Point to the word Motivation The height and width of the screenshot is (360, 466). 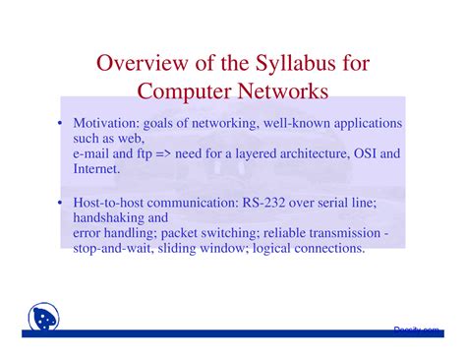(x=106, y=124)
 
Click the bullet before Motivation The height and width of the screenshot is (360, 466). (x=59, y=124)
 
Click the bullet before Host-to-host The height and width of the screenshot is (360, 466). (x=59, y=202)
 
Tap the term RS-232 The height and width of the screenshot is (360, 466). (x=266, y=202)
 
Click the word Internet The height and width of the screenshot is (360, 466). (x=95, y=169)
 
